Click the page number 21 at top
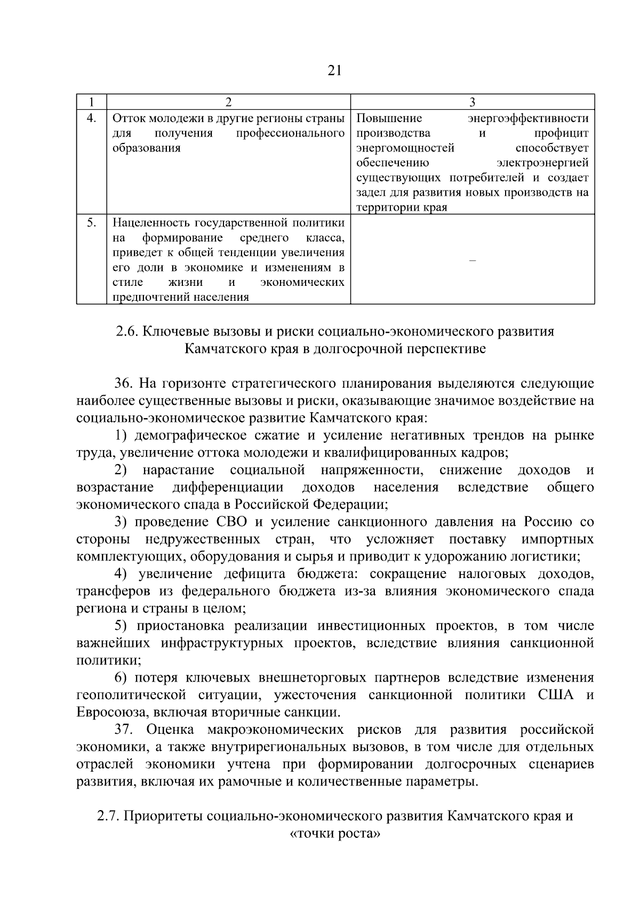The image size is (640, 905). (334, 70)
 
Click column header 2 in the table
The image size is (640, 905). (229, 101)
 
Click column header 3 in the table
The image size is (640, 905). (473, 101)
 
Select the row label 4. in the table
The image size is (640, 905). (92, 118)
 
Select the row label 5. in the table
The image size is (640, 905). (92, 222)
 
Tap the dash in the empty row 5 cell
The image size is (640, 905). (471, 260)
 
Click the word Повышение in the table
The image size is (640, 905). (389, 118)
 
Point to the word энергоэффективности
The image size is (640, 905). (528, 118)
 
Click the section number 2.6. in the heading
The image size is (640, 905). (127, 332)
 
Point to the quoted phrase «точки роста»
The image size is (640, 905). (334, 833)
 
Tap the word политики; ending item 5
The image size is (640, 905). (109, 660)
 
